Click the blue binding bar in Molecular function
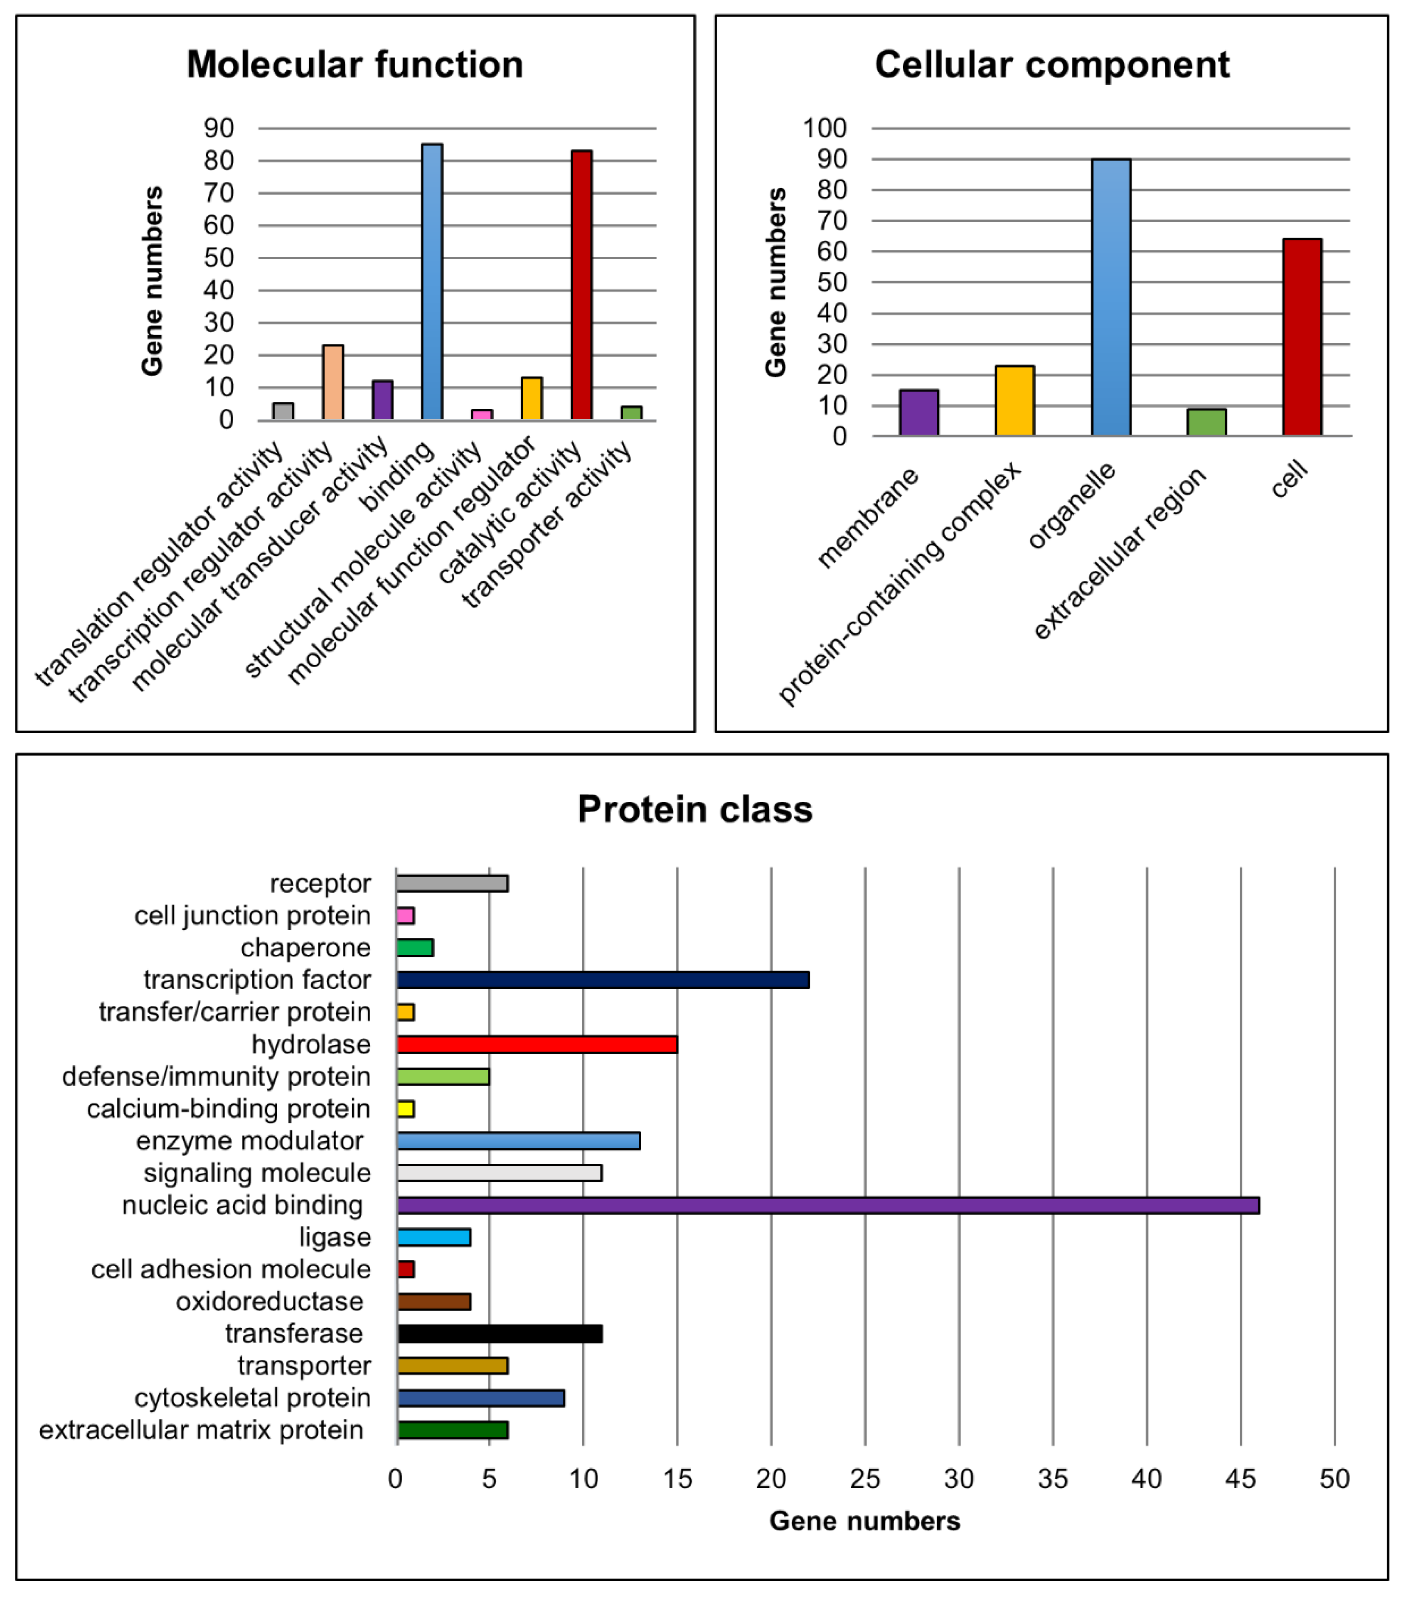(431, 282)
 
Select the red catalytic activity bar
(581, 285)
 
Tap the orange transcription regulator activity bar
(333, 382)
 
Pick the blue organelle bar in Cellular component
(1110, 297)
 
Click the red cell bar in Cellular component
(1302, 337)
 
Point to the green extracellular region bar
(1206, 422)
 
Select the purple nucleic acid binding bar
(827, 1205)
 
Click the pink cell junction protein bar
(405, 915)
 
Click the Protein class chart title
(694, 809)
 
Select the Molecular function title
(355, 64)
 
